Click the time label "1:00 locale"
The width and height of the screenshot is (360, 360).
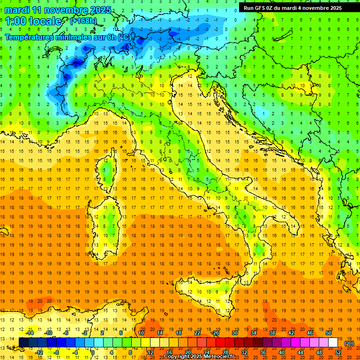(x=33, y=21)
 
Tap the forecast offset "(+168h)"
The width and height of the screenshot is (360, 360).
(x=84, y=21)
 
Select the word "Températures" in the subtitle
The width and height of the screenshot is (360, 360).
(x=30, y=37)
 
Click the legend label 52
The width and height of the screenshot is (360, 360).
(x=338, y=352)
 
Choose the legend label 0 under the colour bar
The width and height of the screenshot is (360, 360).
(x=92, y=352)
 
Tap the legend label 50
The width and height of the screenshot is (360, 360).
(x=328, y=333)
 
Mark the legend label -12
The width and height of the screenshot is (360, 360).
(x=39, y=352)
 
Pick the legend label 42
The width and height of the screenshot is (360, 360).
(x=291, y=333)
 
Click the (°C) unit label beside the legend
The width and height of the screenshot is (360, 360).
(x=349, y=343)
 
